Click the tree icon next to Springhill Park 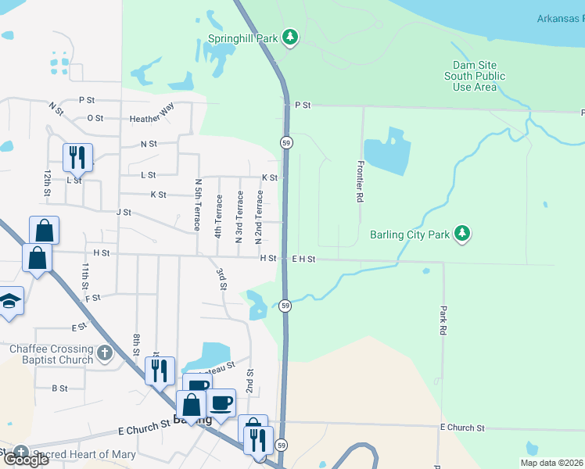tap(290, 37)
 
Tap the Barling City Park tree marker tap(463, 233)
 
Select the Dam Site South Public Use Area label tap(475, 76)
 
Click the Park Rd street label tap(443, 320)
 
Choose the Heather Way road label tap(152, 115)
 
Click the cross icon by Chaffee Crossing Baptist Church tap(105, 354)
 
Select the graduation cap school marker tap(8, 301)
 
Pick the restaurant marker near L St tap(77, 156)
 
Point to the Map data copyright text tap(552, 463)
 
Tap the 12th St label tap(48, 182)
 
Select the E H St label tap(303, 259)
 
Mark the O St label tap(95, 118)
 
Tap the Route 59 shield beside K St tap(287, 141)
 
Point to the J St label tap(123, 212)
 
